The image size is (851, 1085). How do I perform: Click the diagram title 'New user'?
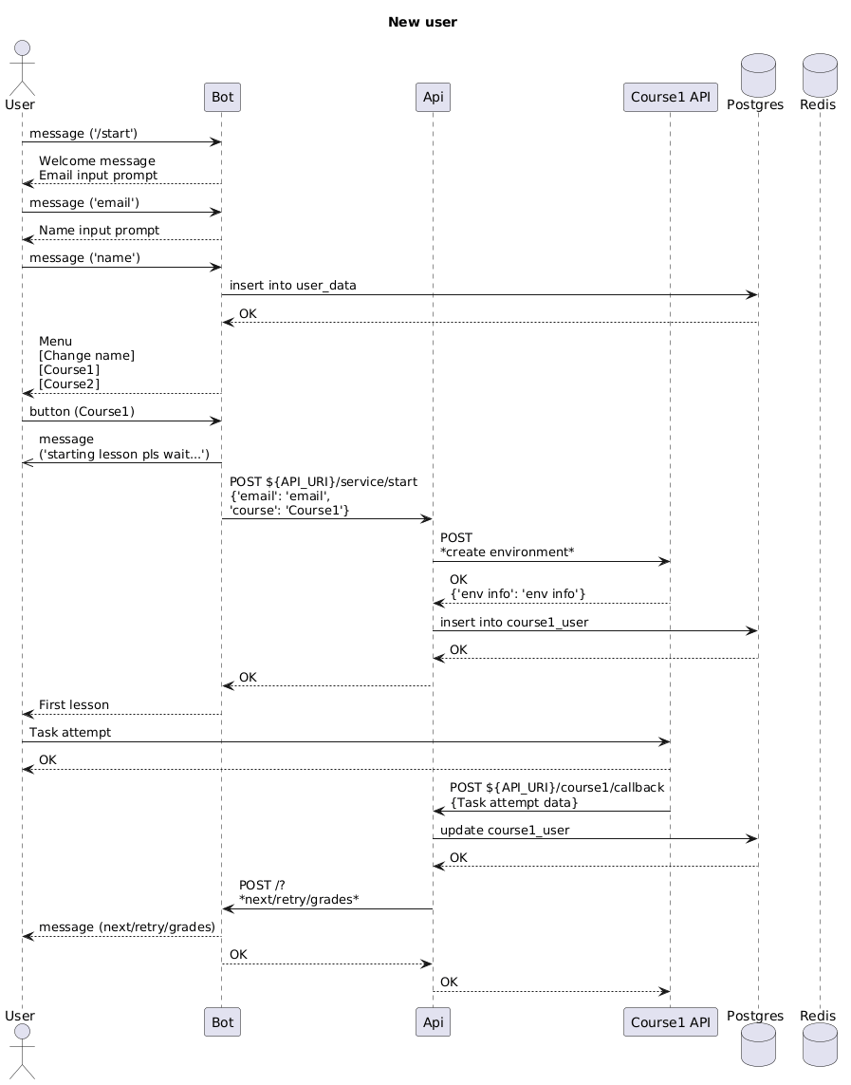tap(422, 22)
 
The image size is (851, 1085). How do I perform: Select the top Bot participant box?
tap(223, 97)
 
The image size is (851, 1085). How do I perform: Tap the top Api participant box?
tap(434, 97)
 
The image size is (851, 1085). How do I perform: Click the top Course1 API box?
tap(671, 97)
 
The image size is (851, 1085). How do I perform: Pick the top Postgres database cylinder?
tap(758, 75)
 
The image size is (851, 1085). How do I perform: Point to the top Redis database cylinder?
tap(820, 75)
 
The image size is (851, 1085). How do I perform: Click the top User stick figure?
tap(22, 67)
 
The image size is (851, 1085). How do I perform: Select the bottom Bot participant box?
tap(223, 1022)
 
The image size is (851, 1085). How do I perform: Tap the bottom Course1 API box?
tap(671, 1022)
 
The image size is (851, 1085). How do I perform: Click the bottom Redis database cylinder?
tap(820, 1045)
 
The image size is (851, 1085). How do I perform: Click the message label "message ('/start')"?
tap(83, 134)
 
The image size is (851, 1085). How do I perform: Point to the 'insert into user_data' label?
tap(293, 285)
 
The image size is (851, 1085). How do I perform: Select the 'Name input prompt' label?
tap(99, 230)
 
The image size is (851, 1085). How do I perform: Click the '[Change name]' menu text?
tap(87, 356)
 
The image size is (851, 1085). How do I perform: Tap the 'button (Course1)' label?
tap(82, 412)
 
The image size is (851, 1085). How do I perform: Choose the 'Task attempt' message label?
tap(70, 732)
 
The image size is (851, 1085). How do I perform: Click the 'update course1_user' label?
tap(505, 830)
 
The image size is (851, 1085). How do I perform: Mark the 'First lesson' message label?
tap(74, 704)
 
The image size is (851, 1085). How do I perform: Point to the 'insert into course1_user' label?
tap(514, 622)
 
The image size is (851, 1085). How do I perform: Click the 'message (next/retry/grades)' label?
tap(127, 927)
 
